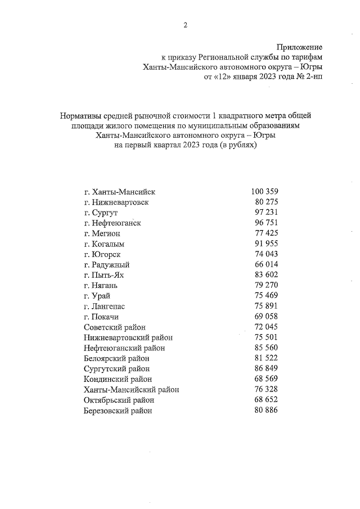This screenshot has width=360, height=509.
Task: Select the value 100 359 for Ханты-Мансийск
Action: tap(264, 192)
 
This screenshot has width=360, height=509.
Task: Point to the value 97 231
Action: tap(267, 212)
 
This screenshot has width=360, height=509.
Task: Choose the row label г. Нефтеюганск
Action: tap(112, 223)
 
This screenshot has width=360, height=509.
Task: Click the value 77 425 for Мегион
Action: tap(267, 233)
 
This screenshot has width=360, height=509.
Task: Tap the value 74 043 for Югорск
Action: tap(267, 254)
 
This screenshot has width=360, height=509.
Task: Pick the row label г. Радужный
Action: tap(107, 264)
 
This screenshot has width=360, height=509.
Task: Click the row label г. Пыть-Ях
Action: tap(105, 275)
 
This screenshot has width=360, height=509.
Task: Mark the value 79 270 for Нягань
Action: tap(267, 285)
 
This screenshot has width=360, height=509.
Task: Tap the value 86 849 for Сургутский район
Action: tap(267, 368)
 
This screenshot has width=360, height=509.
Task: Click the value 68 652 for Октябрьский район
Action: tap(267, 400)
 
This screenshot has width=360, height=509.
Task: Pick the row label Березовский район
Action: tap(118, 411)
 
